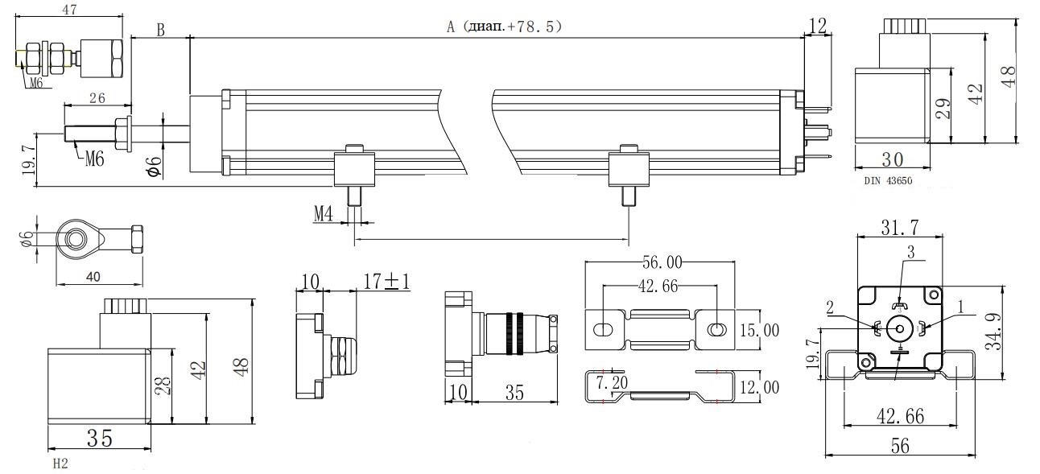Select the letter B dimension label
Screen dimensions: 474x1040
[160, 31]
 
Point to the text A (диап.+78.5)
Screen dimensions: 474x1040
[504, 27]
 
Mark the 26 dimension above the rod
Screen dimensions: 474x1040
[96, 98]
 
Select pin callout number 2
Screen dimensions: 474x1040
[828, 307]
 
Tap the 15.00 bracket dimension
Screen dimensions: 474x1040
[759, 331]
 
